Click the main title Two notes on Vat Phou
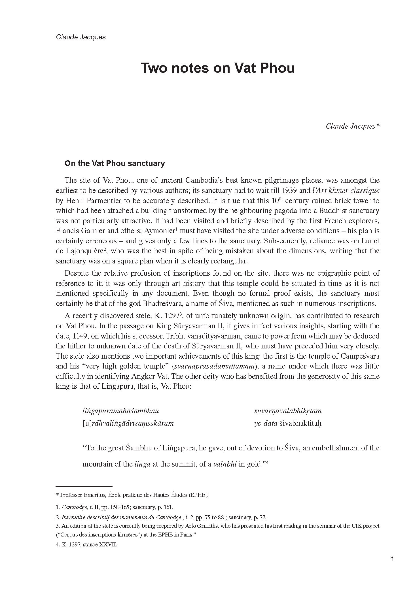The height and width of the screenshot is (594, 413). pyautogui.click(x=217, y=68)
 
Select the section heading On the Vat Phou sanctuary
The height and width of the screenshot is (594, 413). pyautogui.click(x=115, y=163)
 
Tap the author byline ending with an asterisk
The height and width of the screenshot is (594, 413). pyautogui.click(x=352, y=126)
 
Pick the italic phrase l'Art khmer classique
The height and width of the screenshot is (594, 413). pyautogui.click(x=346, y=191)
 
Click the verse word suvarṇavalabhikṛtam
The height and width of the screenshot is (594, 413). pyautogui.click(x=288, y=411)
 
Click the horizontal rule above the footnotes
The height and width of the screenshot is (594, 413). pyautogui.click(x=84, y=487)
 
